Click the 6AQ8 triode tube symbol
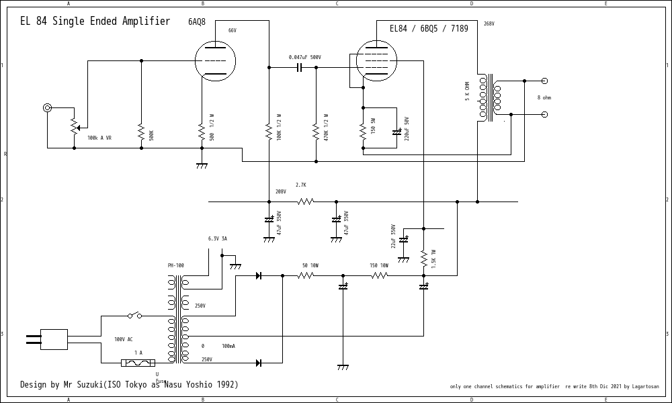[x=215, y=61]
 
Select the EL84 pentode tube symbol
[x=376, y=60]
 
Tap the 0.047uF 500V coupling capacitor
[x=300, y=67]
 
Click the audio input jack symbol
[x=47, y=107]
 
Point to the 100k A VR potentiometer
[x=74, y=125]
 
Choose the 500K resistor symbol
[x=141, y=132]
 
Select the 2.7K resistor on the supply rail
[x=306, y=201]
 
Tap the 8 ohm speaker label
[x=544, y=97]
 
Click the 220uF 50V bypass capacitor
[x=396, y=132]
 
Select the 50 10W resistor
[x=306, y=275]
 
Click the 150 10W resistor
[x=380, y=275]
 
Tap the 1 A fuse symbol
[x=138, y=363]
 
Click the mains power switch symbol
[x=134, y=315]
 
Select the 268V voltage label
[x=489, y=24]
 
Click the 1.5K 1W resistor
[x=424, y=259]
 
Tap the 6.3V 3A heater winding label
[x=217, y=238]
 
